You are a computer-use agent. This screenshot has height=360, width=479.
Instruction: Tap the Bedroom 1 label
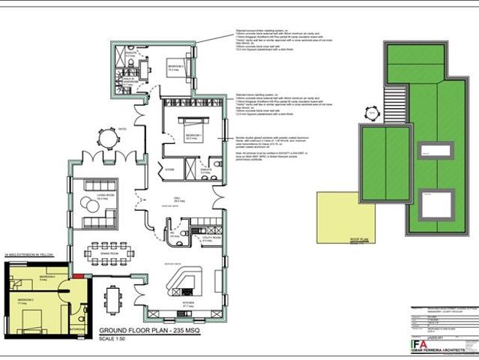click(183, 137)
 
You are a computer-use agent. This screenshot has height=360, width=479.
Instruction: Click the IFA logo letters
click(421, 344)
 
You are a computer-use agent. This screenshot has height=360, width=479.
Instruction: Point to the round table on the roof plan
click(370, 113)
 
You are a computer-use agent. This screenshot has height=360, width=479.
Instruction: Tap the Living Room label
click(94, 197)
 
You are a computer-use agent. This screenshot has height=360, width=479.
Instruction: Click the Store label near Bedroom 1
click(170, 169)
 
